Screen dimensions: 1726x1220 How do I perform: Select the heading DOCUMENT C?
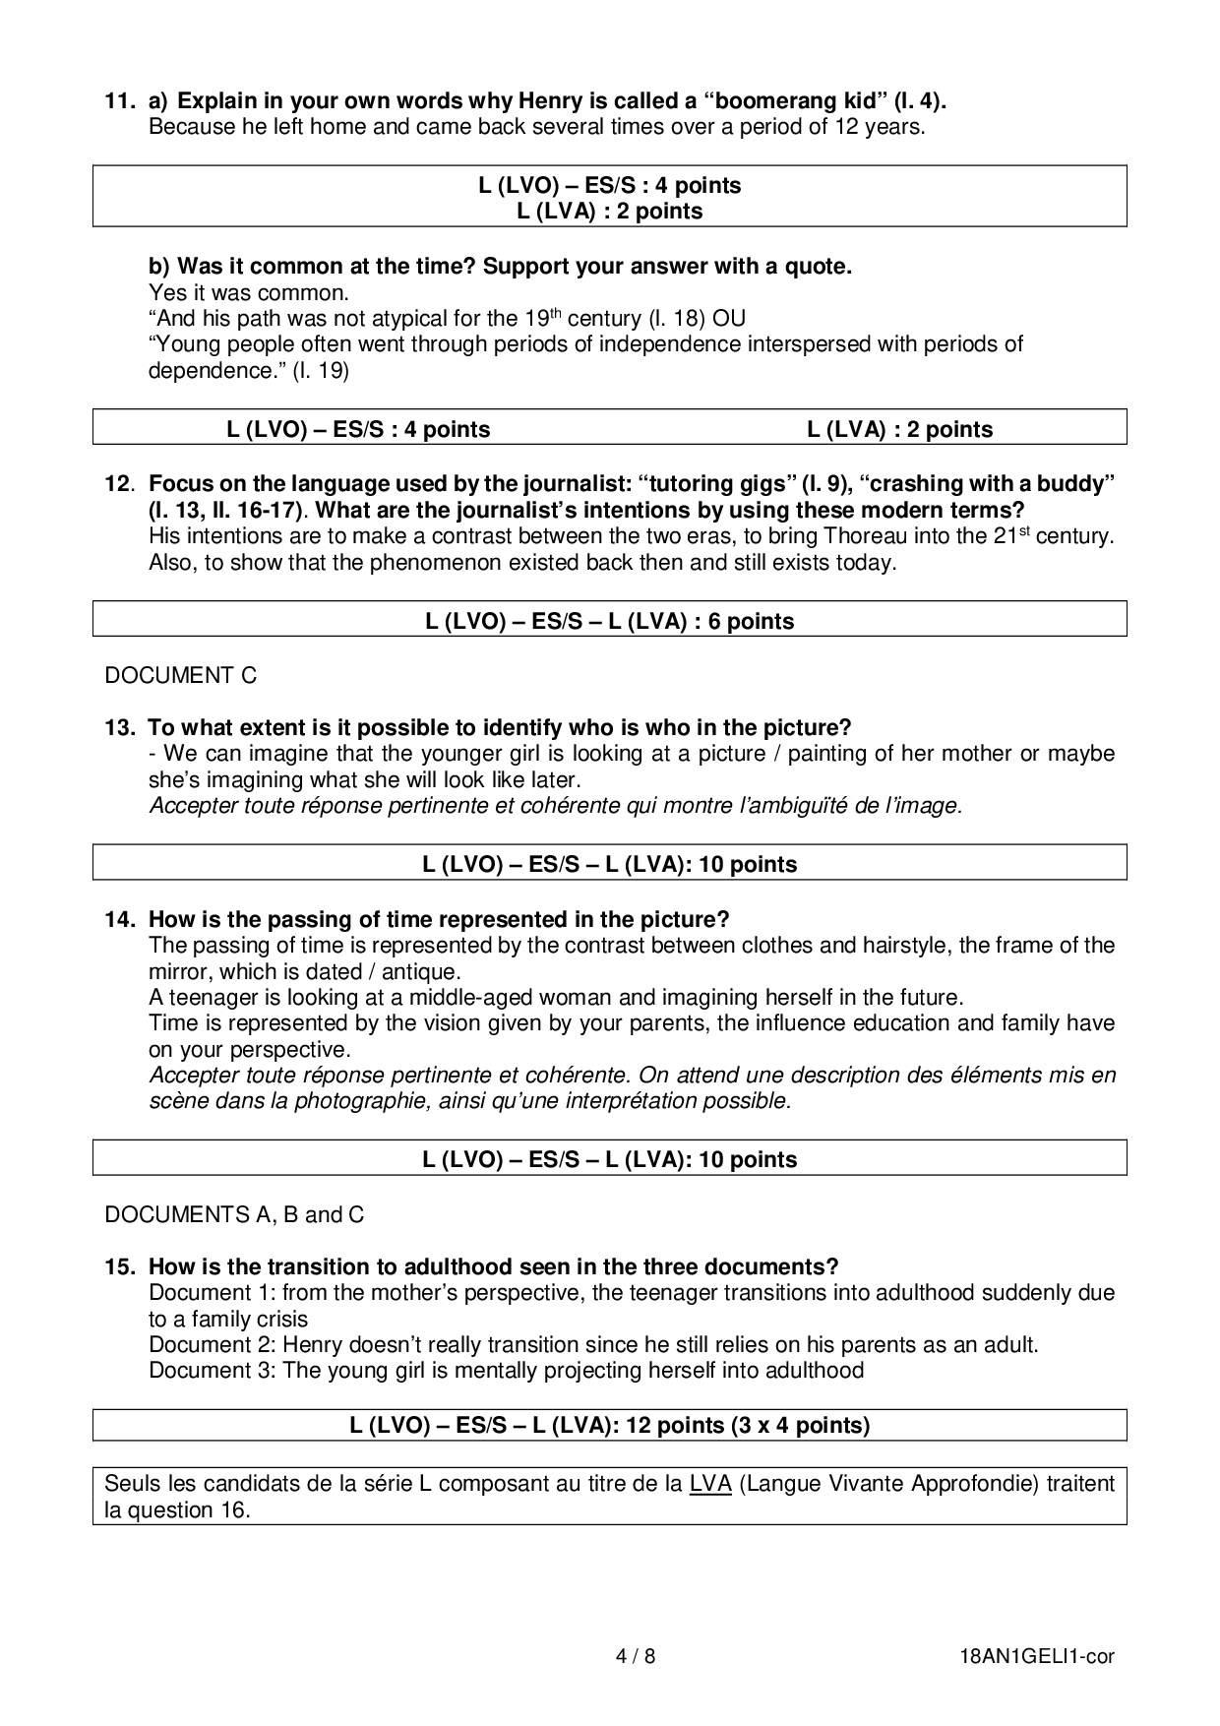pos(180,675)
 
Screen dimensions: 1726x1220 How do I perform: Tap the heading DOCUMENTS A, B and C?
pos(234,1214)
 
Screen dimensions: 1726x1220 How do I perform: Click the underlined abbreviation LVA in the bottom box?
pos(709,1483)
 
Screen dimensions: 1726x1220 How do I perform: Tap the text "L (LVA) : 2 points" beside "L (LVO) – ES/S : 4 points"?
pos(899,429)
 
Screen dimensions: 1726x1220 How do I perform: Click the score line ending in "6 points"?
pos(609,621)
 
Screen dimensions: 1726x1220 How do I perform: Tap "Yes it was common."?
pos(248,292)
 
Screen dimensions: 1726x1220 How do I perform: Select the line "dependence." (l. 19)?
pos(248,370)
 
